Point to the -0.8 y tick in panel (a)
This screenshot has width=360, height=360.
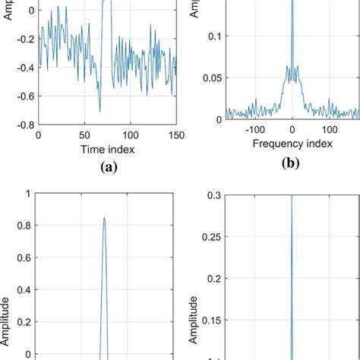point(24,124)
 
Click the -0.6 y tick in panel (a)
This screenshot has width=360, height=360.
point(24,95)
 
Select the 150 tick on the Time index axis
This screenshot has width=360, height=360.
point(175,134)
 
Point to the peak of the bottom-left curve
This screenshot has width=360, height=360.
point(103,218)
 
